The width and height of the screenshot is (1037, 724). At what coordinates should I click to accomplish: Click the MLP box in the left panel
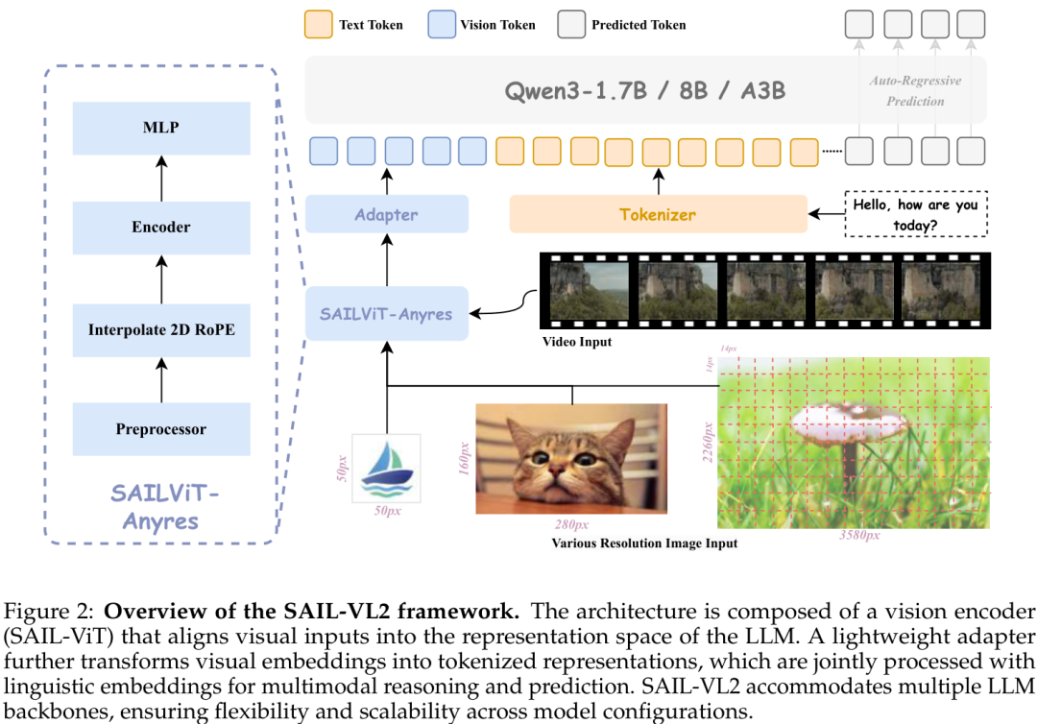(161, 128)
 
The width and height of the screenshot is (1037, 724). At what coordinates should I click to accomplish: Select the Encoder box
(161, 228)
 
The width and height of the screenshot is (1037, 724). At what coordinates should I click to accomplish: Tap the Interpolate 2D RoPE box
(161, 329)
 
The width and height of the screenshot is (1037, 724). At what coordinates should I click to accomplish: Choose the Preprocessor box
(161, 429)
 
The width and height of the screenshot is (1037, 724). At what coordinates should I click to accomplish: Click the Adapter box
(387, 214)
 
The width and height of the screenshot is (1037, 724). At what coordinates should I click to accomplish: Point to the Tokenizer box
(658, 214)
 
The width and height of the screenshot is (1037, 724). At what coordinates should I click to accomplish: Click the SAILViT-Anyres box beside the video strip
(387, 313)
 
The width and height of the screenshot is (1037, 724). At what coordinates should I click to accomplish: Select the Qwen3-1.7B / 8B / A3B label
(645, 91)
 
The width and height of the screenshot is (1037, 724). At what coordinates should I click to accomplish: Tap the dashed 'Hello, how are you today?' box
(916, 213)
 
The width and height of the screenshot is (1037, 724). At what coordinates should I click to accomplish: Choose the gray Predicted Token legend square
(570, 24)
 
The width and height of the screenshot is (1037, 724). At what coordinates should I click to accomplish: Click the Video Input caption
(576, 342)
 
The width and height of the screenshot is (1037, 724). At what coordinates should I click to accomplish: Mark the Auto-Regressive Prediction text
(914, 91)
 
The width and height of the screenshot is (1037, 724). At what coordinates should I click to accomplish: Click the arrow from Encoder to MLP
(161, 178)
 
